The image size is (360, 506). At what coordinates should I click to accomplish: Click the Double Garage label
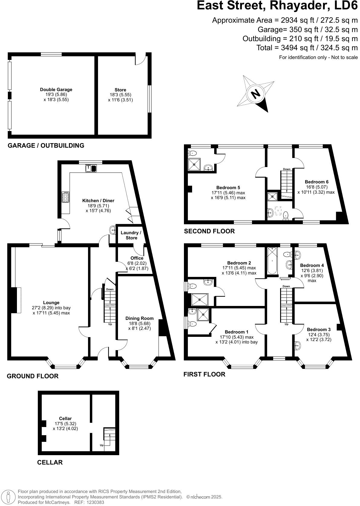click(56, 90)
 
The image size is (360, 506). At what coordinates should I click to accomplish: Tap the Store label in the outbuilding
click(120, 90)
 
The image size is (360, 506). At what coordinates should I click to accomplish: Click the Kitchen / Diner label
click(98, 201)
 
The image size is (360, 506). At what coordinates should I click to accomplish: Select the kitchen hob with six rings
click(65, 197)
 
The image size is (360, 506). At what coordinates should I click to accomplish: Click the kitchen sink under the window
click(91, 168)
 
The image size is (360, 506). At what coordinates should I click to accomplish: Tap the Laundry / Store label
click(131, 235)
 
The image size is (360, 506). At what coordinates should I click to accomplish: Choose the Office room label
click(137, 258)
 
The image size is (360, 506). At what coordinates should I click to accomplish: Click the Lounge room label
click(51, 303)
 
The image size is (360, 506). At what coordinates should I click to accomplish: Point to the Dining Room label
click(139, 318)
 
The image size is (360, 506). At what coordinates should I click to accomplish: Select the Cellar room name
click(65, 419)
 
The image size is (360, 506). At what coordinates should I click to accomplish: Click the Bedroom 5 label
click(228, 188)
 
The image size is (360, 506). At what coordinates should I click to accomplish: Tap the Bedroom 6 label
click(316, 182)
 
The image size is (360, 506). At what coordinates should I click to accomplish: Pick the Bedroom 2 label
click(239, 263)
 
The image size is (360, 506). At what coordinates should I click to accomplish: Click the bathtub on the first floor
click(272, 261)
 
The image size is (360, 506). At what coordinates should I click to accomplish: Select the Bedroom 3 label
click(319, 330)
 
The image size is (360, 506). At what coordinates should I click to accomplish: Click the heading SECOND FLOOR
click(209, 231)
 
